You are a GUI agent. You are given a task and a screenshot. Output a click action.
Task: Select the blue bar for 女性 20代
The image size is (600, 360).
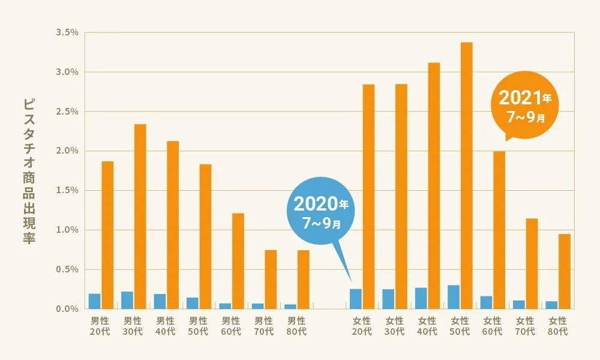click(x=356, y=299)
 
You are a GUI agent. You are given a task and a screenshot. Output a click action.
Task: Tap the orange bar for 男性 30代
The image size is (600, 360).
click(x=140, y=216)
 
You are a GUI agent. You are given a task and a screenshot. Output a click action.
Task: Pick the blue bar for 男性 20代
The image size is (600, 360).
click(x=95, y=301)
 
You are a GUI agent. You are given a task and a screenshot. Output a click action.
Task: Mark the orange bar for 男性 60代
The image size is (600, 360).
click(x=238, y=260)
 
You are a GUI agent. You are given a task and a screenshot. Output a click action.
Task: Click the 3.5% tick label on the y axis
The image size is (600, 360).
click(x=67, y=32)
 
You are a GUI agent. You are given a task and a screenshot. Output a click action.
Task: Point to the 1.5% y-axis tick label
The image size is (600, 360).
click(x=67, y=190)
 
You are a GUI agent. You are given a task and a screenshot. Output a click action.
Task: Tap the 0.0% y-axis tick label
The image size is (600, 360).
click(x=67, y=309)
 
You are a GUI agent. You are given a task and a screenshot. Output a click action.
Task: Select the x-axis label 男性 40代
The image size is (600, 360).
click(x=166, y=326)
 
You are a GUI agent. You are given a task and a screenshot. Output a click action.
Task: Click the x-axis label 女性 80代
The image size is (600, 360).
click(x=558, y=326)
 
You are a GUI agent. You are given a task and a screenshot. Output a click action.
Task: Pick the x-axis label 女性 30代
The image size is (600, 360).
click(x=395, y=326)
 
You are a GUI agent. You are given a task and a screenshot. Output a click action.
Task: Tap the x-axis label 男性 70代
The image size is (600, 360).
click(x=263, y=326)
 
